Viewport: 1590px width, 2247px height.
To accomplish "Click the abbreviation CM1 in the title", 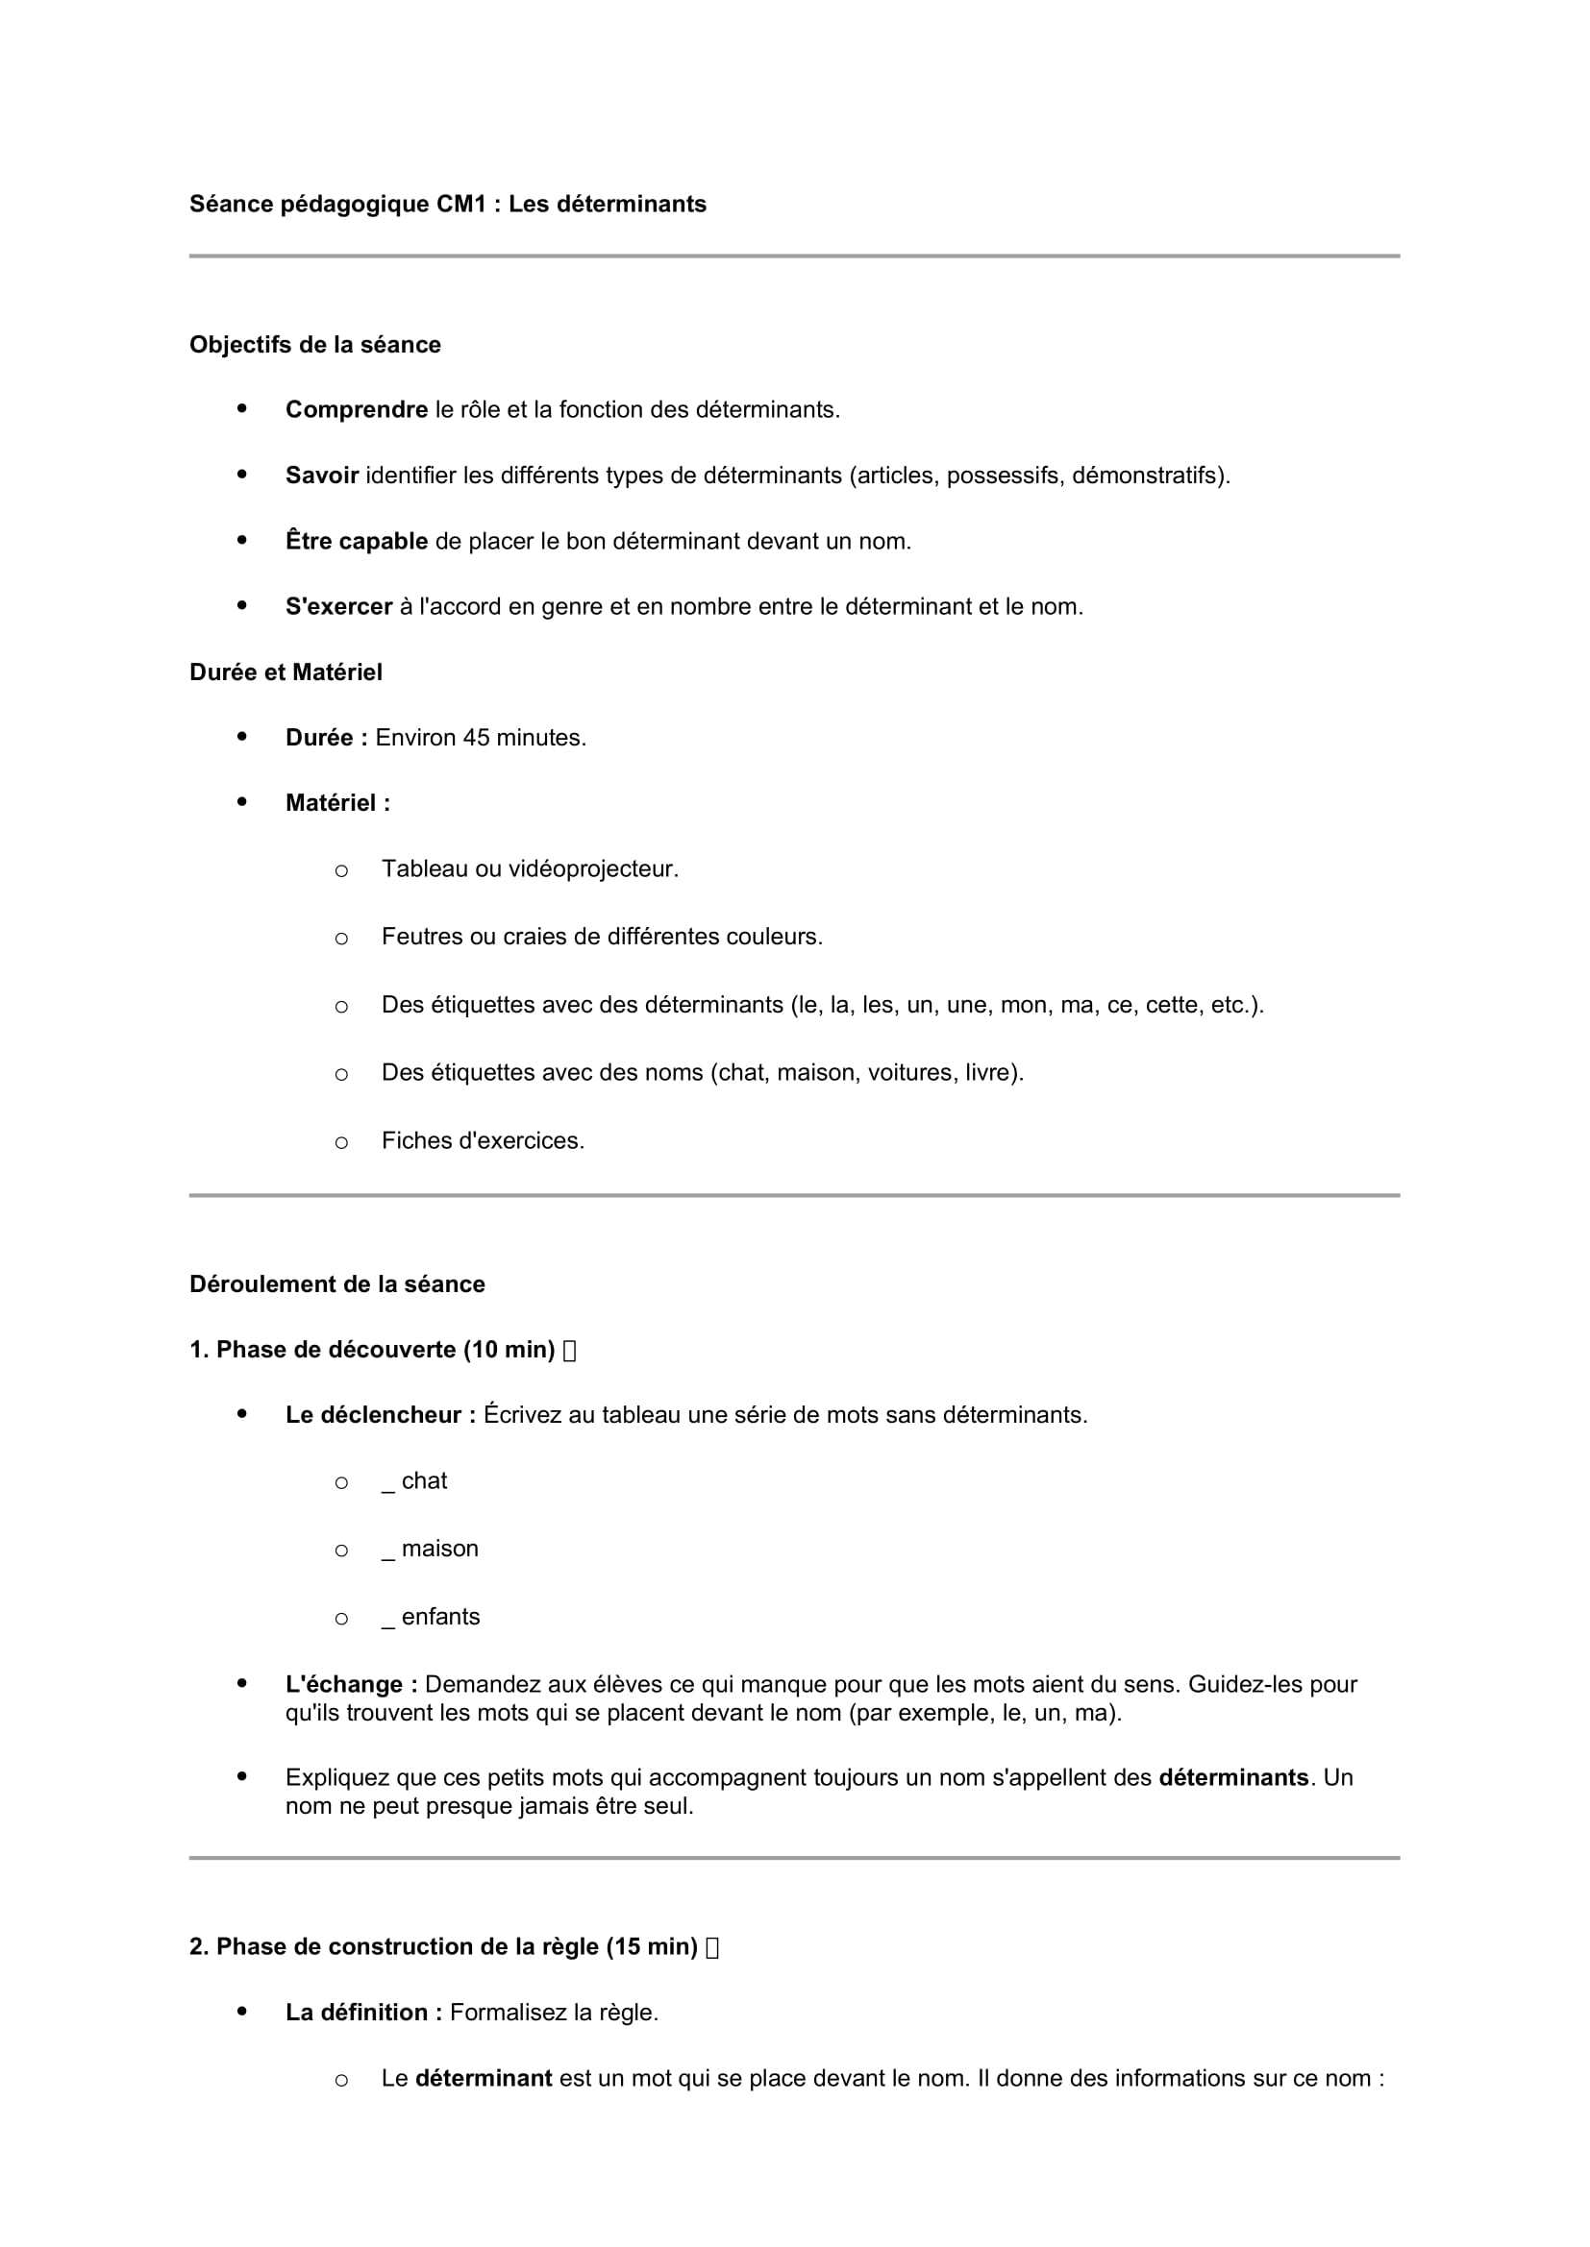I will point(461,204).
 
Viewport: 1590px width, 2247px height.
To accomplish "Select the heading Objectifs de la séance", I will point(314,345).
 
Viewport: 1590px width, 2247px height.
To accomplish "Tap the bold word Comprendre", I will point(357,410).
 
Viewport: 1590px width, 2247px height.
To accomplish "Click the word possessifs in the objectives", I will point(1005,476).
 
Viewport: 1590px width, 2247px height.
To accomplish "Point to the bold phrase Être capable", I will point(357,541).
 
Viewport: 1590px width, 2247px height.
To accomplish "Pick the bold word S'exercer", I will point(338,607).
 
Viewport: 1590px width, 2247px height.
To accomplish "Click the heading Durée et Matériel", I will point(286,672).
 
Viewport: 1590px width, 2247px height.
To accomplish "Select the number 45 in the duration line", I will point(476,738).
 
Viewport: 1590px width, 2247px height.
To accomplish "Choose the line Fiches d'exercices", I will point(483,1141).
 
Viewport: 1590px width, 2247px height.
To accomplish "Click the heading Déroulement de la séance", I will point(336,1284).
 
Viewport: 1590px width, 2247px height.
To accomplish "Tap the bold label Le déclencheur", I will point(380,1415).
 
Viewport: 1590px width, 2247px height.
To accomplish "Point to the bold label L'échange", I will point(352,1684).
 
